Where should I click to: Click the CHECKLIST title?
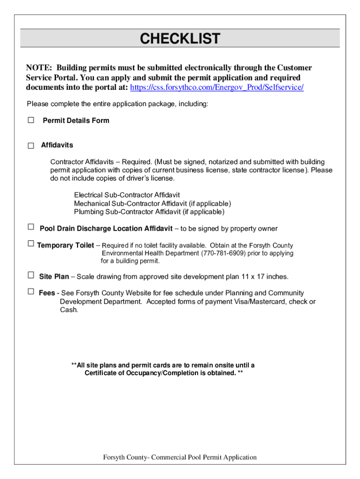pyautogui.click(x=180, y=38)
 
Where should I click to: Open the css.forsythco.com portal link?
pyautogui.click(x=216, y=87)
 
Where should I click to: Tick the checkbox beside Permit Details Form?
pyautogui.click(x=31, y=120)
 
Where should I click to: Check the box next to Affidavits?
pyautogui.click(x=31, y=145)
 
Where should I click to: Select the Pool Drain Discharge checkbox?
pyautogui.click(x=31, y=227)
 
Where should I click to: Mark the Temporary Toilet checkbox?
pyautogui.click(x=31, y=244)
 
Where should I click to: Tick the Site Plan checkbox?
pyautogui.click(x=31, y=275)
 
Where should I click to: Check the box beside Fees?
pyautogui.click(x=31, y=291)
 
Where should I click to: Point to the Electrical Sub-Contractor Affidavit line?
pyautogui.click(x=127, y=195)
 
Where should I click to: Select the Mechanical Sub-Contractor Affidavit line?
pyautogui.click(x=152, y=203)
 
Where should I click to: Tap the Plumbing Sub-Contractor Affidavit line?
pyautogui.click(x=149, y=212)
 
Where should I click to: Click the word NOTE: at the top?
pyautogui.click(x=39, y=68)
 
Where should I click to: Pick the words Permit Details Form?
pyautogui.click(x=76, y=121)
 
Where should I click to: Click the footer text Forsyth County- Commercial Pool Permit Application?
pyautogui.click(x=180, y=457)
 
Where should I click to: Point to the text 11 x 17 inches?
pyautogui.click(x=265, y=277)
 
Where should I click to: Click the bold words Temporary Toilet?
pyautogui.click(x=65, y=246)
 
